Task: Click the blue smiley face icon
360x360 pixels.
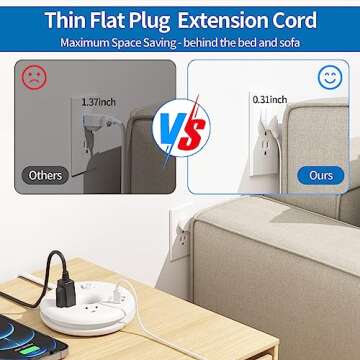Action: pyautogui.click(x=328, y=77)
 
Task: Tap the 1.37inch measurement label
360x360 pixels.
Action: pyautogui.click(x=99, y=101)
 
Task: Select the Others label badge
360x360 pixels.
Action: pyautogui.click(x=44, y=175)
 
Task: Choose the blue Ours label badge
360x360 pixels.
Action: pyautogui.click(x=320, y=175)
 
